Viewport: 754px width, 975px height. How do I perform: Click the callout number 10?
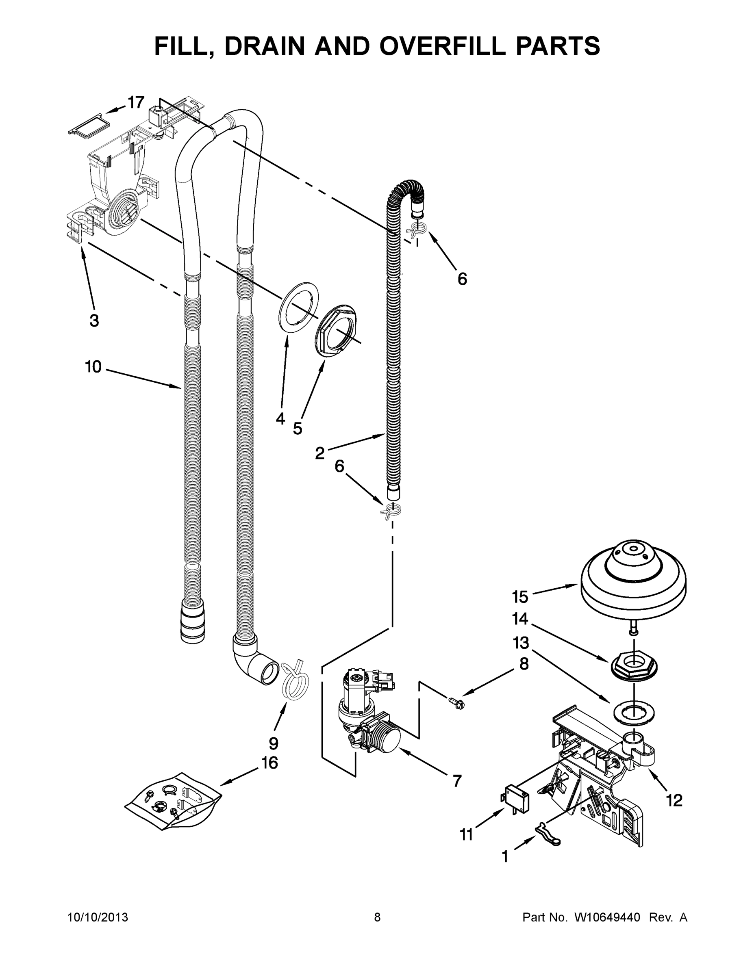[93, 367]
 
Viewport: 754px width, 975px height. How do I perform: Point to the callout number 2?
[320, 453]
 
